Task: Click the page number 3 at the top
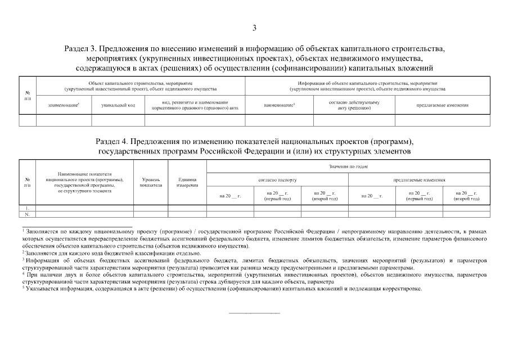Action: [254, 28]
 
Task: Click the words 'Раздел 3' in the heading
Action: [82, 48]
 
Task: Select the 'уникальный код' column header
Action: [118, 105]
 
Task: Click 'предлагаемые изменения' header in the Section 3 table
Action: [442, 105]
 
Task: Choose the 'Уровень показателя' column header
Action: [151, 182]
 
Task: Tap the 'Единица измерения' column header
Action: [187, 182]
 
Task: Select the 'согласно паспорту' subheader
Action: [277, 180]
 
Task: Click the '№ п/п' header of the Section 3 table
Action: [28, 95]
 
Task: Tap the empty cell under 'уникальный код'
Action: [118, 120]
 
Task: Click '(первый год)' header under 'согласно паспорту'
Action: [277, 196]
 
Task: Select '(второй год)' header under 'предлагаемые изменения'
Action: [466, 196]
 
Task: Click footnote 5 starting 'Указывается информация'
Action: [225, 289]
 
